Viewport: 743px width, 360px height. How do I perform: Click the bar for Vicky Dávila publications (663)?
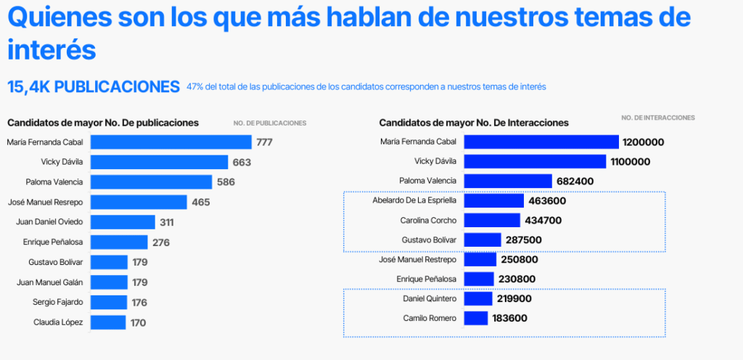(x=159, y=162)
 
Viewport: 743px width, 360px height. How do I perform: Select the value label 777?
(x=264, y=142)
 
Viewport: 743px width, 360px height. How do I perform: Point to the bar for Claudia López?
(x=108, y=322)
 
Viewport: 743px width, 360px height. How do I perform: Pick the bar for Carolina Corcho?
(x=492, y=220)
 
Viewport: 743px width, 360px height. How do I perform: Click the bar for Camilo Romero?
(x=476, y=318)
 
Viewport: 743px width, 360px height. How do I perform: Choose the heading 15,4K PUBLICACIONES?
(x=94, y=87)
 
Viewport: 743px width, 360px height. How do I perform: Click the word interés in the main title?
(x=52, y=50)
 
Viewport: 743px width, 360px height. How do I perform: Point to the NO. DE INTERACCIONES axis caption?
(x=658, y=118)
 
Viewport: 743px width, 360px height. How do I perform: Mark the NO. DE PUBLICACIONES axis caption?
(x=270, y=123)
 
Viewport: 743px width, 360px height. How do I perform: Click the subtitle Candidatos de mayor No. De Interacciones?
(x=474, y=123)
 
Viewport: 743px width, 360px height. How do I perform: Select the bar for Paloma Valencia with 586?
(x=152, y=181)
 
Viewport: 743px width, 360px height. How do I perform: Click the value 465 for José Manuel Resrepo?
(x=201, y=202)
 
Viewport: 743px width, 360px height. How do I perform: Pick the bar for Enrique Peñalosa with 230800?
(x=479, y=279)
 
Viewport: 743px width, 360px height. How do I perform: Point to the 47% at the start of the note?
(x=194, y=87)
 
